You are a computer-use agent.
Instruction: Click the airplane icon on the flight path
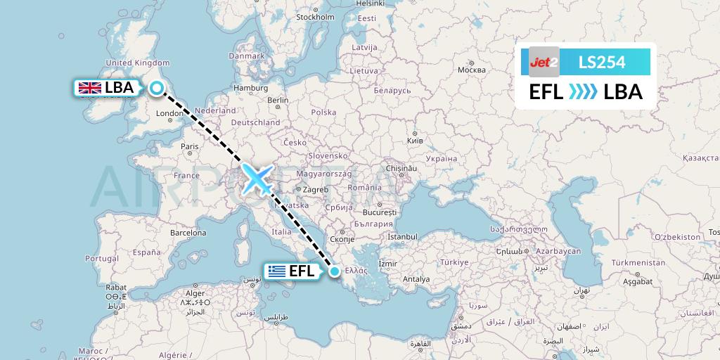258,178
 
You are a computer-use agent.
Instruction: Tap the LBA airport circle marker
157,88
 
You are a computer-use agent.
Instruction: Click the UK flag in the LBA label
89,88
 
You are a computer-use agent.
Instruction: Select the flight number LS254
601,63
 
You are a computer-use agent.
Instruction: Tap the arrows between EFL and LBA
583,92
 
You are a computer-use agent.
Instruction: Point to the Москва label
471,70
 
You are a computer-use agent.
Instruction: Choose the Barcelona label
187,232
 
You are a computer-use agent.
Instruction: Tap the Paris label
189,146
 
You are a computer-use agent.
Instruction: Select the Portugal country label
102,258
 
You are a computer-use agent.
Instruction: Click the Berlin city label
278,100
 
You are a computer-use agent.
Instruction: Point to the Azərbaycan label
558,251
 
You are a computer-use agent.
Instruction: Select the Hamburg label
252,88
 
